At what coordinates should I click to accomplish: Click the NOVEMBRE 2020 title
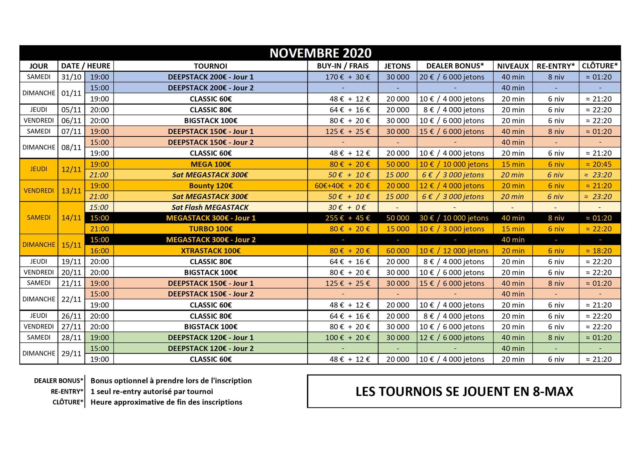click(x=320, y=53)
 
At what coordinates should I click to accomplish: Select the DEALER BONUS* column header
click(x=455, y=66)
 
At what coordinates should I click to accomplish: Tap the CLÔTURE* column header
click(x=600, y=66)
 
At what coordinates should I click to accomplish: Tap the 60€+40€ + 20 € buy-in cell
click(x=342, y=186)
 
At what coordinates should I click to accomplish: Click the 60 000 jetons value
click(x=398, y=251)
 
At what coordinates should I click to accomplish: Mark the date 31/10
click(x=71, y=77)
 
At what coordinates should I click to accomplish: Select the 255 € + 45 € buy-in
click(x=347, y=218)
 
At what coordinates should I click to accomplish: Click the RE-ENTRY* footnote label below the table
click(x=67, y=391)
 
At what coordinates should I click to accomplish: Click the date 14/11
click(x=71, y=217)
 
